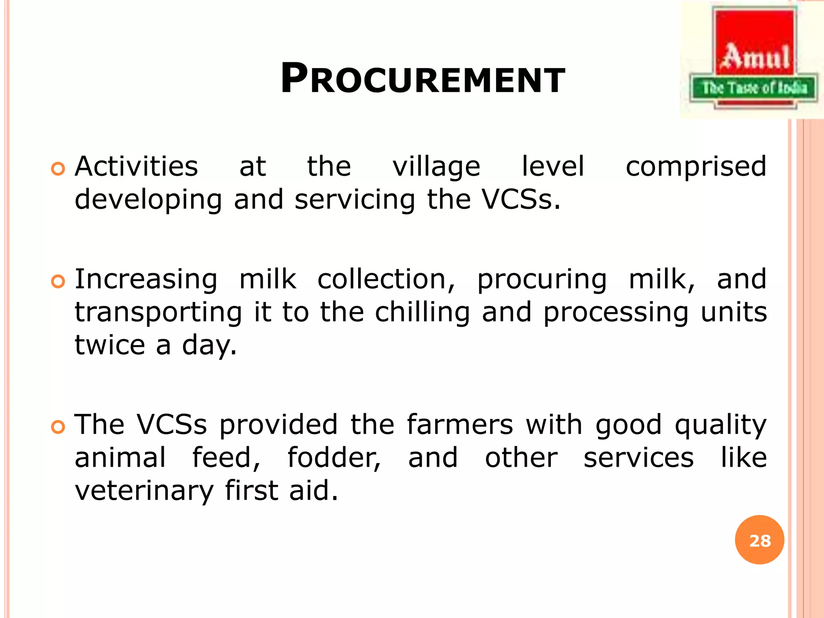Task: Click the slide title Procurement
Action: click(x=422, y=79)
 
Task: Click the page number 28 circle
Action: click(x=759, y=540)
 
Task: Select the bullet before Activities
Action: click(x=58, y=169)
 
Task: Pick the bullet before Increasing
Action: click(x=58, y=282)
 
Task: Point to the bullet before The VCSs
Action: click(x=58, y=427)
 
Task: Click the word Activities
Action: click(x=136, y=167)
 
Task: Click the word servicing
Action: click(x=354, y=200)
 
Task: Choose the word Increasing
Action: click(x=146, y=280)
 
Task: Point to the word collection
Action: click(x=386, y=279)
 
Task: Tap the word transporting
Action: click(x=159, y=313)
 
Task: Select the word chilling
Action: click(x=422, y=313)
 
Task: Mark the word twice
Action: click(x=110, y=345)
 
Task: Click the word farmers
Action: click(x=460, y=425)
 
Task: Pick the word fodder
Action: click(x=334, y=458)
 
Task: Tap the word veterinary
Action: click(x=144, y=491)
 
